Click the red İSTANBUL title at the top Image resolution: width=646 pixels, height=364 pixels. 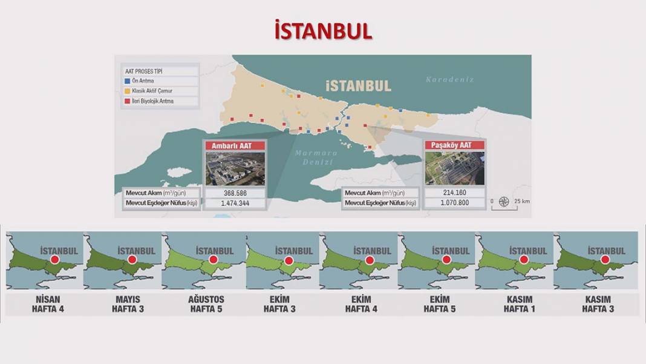click(x=323, y=30)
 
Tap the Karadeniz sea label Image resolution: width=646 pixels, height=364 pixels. click(x=449, y=79)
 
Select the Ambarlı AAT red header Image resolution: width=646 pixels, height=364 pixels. click(x=235, y=146)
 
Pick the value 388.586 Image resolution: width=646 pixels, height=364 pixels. click(x=235, y=193)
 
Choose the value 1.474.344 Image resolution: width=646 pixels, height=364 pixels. click(x=235, y=204)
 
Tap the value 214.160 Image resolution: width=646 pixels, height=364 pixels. click(x=455, y=193)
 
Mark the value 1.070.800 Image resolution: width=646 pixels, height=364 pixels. click(x=455, y=204)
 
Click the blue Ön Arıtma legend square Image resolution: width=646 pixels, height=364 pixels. click(x=127, y=81)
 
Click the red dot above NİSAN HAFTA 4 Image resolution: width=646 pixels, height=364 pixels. click(x=54, y=259)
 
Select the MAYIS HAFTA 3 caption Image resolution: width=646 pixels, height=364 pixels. click(x=127, y=304)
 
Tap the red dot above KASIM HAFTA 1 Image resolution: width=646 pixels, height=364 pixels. click(x=524, y=259)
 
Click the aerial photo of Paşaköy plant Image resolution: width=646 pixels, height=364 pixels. click(x=455, y=168)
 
